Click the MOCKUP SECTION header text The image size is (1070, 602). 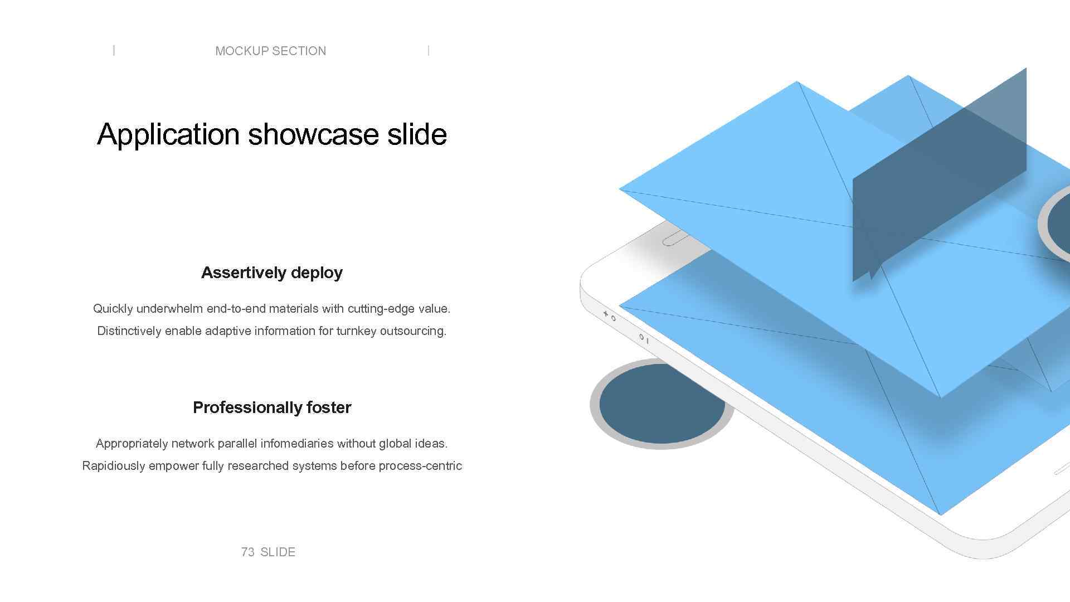click(270, 51)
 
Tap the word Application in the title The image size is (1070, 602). click(168, 134)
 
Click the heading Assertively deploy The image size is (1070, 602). click(272, 273)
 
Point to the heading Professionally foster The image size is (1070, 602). click(272, 407)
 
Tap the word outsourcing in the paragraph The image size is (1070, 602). click(413, 331)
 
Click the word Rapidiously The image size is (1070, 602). click(114, 465)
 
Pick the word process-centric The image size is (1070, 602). click(420, 465)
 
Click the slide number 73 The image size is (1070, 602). click(247, 552)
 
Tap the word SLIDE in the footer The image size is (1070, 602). click(278, 552)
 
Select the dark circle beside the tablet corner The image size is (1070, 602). click(662, 404)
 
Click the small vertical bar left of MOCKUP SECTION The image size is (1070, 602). click(114, 51)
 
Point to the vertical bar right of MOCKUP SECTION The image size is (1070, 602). click(428, 51)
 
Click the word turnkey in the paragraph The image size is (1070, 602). click(356, 331)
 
